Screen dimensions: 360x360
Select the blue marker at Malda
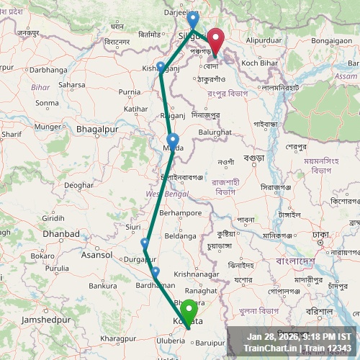[x=173, y=140]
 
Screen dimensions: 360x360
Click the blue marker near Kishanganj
[x=161, y=67]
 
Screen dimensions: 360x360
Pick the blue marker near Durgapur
[x=145, y=243]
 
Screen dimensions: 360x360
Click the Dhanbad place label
[x=60, y=233]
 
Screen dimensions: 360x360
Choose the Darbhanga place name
[x=48, y=70]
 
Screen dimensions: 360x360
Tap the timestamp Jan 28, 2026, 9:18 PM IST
[x=299, y=336]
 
